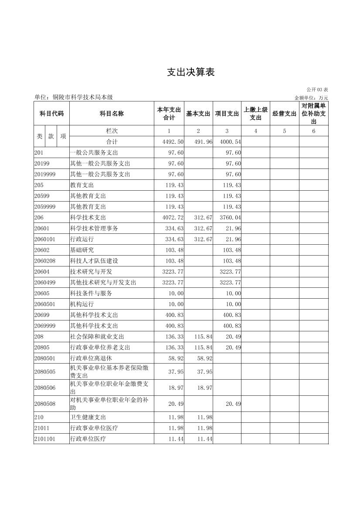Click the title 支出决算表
click(191, 72)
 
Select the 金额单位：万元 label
click(311, 98)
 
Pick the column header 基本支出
click(198, 114)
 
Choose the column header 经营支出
click(285, 114)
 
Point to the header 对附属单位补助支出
click(314, 114)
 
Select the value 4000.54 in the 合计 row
click(231, 142)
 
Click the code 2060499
click(45, 283)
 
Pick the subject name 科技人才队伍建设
click(94, 261)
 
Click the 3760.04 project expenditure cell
click(231, 218)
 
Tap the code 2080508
click(45, 404)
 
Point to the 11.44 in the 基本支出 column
click(204, 439)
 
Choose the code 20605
click(42, 293)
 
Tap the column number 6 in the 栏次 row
click(313, 131)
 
